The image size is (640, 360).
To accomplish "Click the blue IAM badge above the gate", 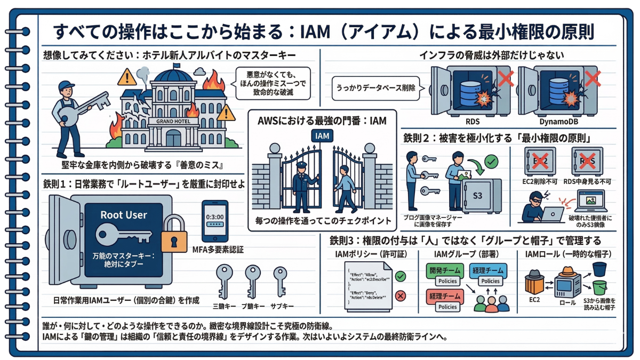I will pos(322,136).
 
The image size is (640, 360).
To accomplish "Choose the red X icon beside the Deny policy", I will pos(401,295).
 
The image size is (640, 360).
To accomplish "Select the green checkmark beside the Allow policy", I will pos(401,276).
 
